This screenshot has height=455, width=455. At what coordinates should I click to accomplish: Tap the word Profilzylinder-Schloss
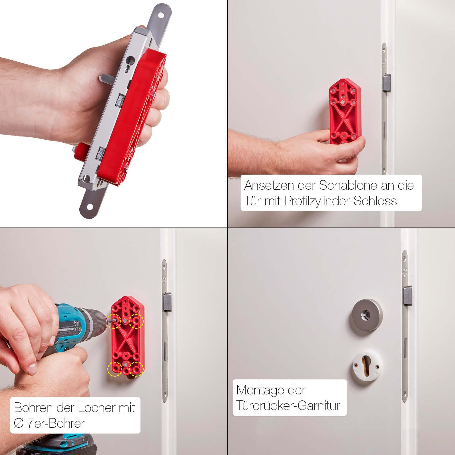[340, 201]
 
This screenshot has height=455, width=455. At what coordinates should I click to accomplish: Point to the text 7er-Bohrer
[56, 423]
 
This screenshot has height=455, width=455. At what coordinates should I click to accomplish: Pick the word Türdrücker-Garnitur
[288, 406]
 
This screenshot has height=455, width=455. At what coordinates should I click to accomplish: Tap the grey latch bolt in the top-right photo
[387, 83]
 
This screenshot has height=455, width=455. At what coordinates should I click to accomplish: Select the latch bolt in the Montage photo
[407, 296]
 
